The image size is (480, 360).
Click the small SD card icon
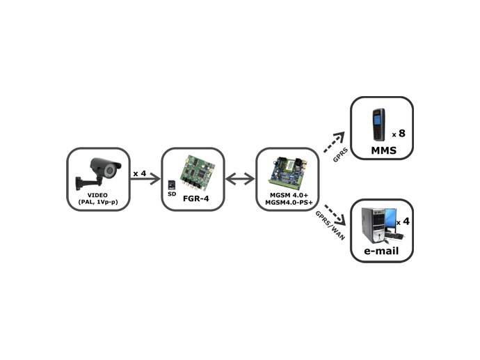click(171, 185)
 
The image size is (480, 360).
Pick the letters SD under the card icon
click(171, 194)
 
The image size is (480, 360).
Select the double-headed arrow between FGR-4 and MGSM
click(240, 180)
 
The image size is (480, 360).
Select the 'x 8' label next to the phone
click(399, 132)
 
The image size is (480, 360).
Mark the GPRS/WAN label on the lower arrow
click(328, 223)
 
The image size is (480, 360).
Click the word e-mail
click(381, 250)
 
